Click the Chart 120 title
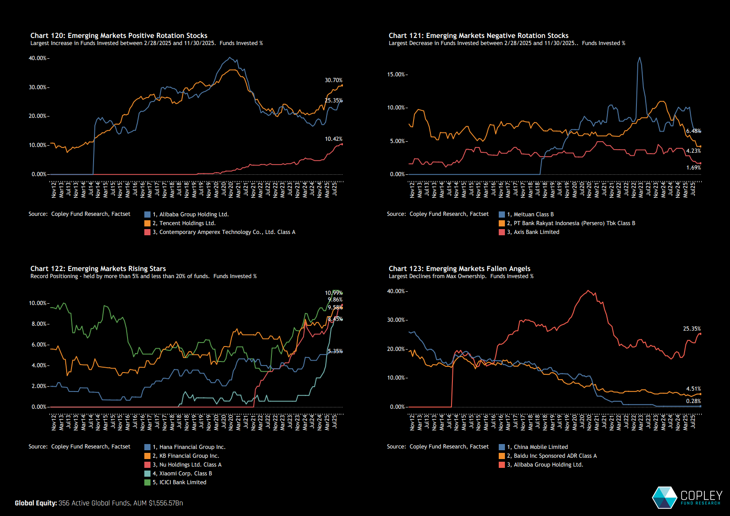pyautogui.click(x=119, y=36)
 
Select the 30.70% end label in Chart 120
pyautogui.click(x=333, y=80)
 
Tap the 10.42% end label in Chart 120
pyautogui.click(x=333, y=139)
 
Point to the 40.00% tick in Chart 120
pyautogui.click(x=38, y=58)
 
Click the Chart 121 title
pyautogui.click(x=478, y=36)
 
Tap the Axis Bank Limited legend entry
pyautogui.click(x=536, y=232)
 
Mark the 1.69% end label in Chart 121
pyautogui.click(x=693, y=168)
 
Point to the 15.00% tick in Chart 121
pyautogui.click(x=396, y=75)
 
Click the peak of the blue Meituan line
pyautogui.click(x=640, y=57)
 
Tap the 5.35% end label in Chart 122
pyautogui.click(x=335, y=351)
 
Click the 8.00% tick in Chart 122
pyautogui.click(x=39, y=324)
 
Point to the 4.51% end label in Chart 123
pyautogui.click(x=693, y=389)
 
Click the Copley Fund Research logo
pyautogui.click(x=687, y=497)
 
